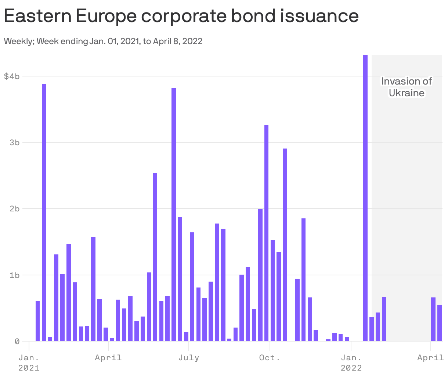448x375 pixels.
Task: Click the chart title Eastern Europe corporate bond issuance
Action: click(x=181, y=16)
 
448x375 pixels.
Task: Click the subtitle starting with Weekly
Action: click(x=103, y=41)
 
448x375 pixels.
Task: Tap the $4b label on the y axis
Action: click(x=11, y=76)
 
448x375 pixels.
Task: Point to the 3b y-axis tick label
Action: click(x=14, y=142)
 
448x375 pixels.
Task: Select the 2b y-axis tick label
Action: click(x=14, y=208)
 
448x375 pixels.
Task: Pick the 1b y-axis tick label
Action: click(x=14, y=275)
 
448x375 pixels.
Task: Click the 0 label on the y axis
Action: click(x=17, y=341)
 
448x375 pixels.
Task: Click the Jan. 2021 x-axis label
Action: click(x=29, y=362)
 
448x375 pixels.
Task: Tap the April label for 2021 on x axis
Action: click(x=108, y=357)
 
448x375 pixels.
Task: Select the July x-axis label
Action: click(x=189, y=357)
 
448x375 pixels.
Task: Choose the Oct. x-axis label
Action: click(x=270, y=357)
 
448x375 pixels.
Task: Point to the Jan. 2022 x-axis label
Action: click(x=351, y=362)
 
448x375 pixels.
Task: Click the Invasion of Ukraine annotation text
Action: click(x=407, y=87)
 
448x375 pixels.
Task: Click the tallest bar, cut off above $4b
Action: click(x=365, y=199)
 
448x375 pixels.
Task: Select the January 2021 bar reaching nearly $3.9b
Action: click(x=44, y=213)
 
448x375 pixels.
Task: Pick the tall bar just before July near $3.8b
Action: click(x=174, y=215)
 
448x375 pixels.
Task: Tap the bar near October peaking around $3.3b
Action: click(x=266, y=233)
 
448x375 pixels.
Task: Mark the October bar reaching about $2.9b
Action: click(x=285, y=245)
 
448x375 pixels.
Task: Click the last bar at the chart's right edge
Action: click(x=440, y=323)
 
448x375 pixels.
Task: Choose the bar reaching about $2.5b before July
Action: click(x=155, y=257)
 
